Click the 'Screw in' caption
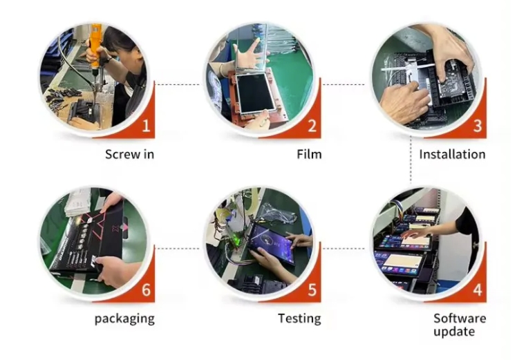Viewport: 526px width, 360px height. [x=129, y=154]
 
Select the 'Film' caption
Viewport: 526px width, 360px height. [x=309, y=154]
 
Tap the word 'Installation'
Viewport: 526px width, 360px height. [x=452, y=154]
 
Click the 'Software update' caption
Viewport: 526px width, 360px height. [x=460, y=325]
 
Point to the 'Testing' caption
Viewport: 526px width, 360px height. [x=299, y=319]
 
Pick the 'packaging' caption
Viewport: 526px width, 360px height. [x=124, y=319]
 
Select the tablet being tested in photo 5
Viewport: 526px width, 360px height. [x=271, y=244]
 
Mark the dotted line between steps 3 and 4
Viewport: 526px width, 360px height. [x=411, y=160]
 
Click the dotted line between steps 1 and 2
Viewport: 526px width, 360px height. [x=178, y=84]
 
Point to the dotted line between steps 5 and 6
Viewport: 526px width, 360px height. [x=178, y=249]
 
